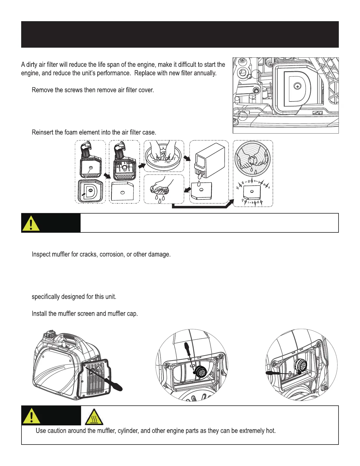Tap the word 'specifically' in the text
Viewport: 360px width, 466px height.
click(x=46, y=297)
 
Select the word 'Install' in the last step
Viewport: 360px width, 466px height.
click(x=39, y=314)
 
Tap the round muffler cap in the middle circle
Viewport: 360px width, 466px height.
click(x=201, y=372)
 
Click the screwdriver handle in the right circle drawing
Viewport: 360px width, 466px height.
click(x=272, y=373)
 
